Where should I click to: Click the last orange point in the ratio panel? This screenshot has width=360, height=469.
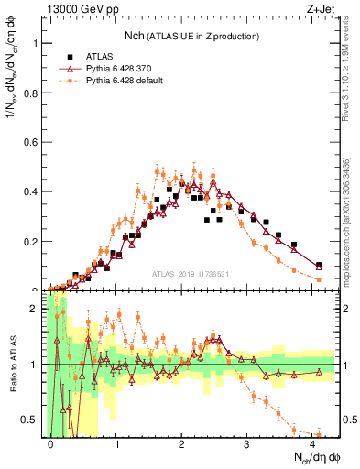[318, 434]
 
